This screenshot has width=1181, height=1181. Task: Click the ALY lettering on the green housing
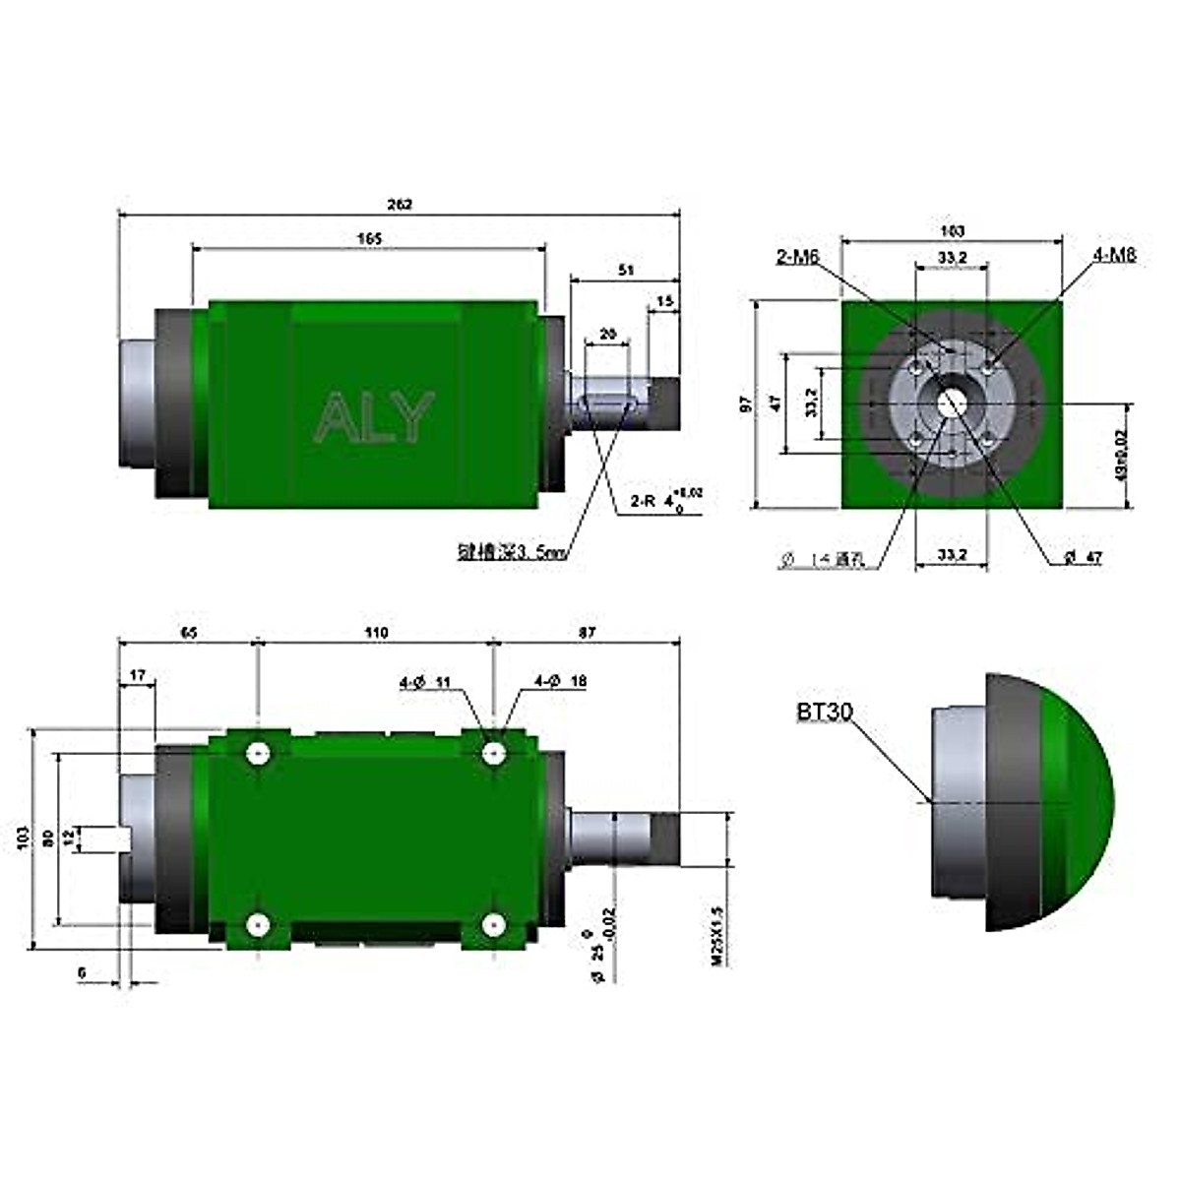[374, 417]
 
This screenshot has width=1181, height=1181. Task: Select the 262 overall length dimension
[399, 205]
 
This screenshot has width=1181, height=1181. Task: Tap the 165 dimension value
[369, 239]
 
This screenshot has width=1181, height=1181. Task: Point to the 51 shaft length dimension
[625, 269]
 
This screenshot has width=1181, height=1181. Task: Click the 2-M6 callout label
[797, 257]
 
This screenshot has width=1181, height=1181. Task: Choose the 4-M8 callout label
[1113, 255]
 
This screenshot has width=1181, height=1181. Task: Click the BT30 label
[825, 712]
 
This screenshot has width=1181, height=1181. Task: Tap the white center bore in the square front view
[952, 404]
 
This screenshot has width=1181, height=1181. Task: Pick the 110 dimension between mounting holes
[375, 633]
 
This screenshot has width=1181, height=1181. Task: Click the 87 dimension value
[587, 633]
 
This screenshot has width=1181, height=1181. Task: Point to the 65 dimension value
[188, 633]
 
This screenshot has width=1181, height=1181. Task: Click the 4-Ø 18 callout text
[560, 681]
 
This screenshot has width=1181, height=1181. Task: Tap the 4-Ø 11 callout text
[424, 681]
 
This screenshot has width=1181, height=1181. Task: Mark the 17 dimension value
[137, 675]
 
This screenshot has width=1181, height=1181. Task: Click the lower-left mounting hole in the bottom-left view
[258, 925]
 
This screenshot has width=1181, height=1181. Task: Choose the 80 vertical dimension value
[46, 839]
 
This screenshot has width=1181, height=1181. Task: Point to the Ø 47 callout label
[1083, 558]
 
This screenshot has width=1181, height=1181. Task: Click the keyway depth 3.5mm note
[512, 554]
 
